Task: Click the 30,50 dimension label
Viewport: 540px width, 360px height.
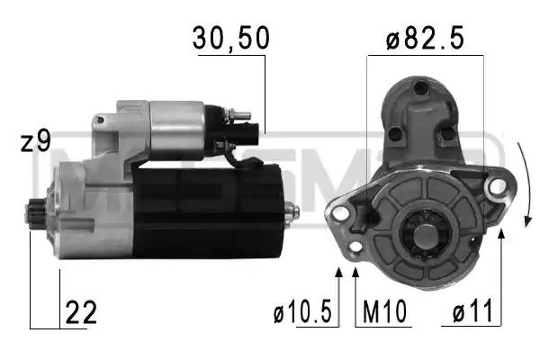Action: pos(230,38)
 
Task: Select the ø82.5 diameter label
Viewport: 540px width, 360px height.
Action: pos(425,38)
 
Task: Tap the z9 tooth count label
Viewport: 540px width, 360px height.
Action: pos(36,140)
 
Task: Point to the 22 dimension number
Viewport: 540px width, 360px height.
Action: pos(81,312)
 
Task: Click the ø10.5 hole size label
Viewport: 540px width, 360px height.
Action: pos(302,311)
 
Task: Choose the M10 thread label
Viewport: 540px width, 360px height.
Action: pos(384,311)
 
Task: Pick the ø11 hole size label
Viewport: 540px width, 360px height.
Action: pos(472,311)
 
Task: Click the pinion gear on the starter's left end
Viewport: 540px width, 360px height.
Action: pos(36,212)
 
